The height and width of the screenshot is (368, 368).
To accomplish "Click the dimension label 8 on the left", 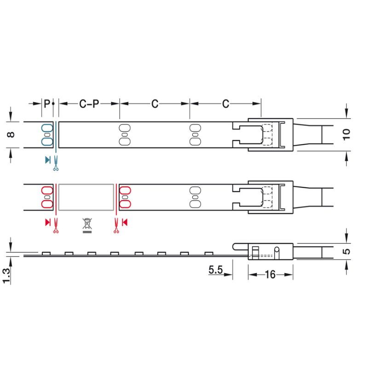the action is (11, 135).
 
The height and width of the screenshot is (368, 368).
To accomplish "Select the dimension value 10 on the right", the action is (346, 135).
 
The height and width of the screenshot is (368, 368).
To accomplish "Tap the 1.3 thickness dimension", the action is (6, 276).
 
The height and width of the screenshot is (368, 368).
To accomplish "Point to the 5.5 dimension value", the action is (216, 270).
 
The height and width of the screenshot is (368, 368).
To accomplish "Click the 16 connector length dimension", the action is (270, 275).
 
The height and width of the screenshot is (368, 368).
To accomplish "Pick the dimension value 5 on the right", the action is (346, 252).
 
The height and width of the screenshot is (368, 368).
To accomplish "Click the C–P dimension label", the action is (89, 104).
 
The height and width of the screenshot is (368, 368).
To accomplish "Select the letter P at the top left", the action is (47, 103).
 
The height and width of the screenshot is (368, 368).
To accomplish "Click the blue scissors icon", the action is (56, 163).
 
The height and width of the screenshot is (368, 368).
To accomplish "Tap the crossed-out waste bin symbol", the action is (87, 225).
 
